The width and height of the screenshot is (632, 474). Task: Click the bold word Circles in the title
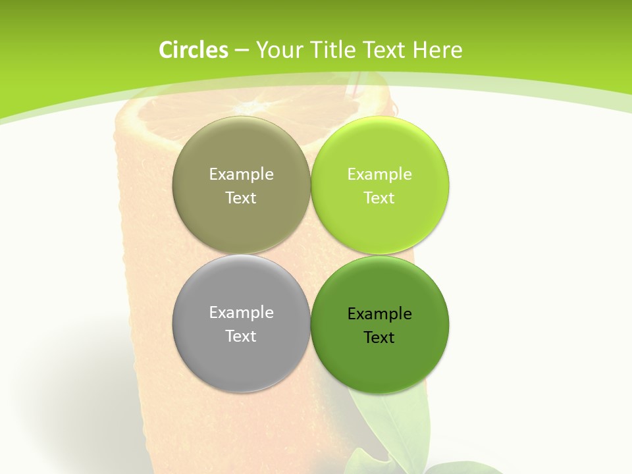point(194,50)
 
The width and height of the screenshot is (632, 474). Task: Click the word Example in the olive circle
point(241,174)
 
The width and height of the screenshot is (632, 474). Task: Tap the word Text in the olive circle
point(241,197)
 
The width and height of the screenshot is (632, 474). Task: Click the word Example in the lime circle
point(379,174)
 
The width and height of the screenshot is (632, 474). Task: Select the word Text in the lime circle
point(379,197)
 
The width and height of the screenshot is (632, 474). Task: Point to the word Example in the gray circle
point(241,313)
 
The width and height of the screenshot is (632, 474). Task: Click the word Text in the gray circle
point(241,336)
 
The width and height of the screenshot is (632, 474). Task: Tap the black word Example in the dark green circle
point(379,314)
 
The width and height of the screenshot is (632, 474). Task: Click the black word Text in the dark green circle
point(379,337)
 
